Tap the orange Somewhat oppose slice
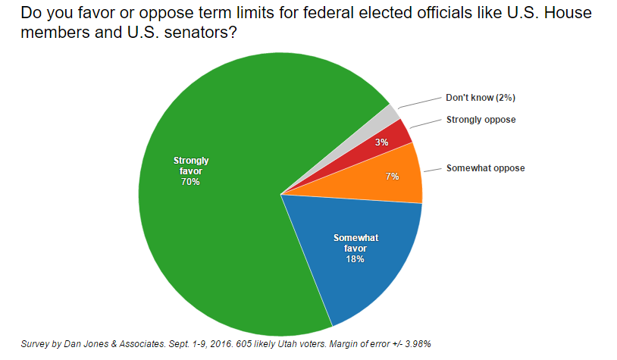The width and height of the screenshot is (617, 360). pos(394,176)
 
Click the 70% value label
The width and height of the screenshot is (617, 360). pos(190,182)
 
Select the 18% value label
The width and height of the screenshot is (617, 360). pos(355,259)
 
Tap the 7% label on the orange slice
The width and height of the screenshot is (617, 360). pos(392,177)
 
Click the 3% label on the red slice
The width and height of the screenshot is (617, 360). pos(382,142)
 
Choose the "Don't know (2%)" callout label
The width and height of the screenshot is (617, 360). pos(481,98)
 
